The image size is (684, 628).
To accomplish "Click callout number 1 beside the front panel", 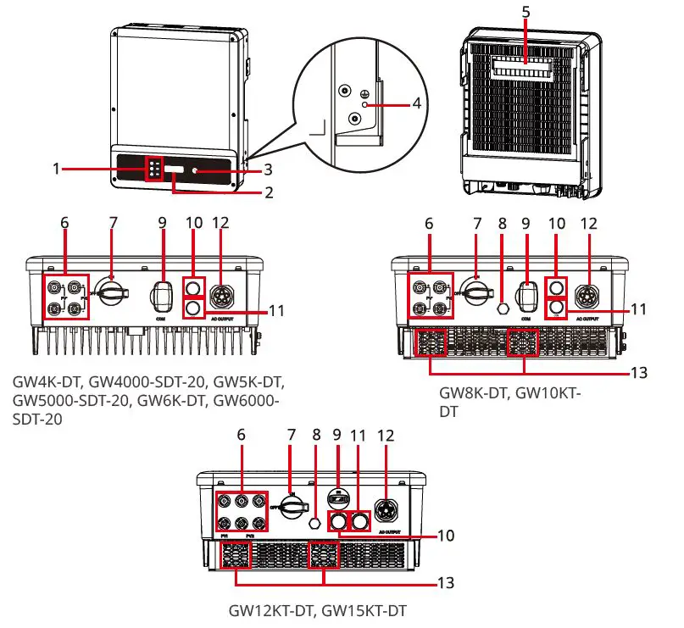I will [x=55, y=169].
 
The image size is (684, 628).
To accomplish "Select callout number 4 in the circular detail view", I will [x=416, y=103].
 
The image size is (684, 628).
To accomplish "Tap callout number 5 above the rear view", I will [x=526, y=13].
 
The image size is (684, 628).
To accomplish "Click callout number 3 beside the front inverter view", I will [x=267, y=170].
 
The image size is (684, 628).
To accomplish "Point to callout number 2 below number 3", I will [x=268, y=193].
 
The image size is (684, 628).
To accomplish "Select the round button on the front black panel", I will [x=196, y=170].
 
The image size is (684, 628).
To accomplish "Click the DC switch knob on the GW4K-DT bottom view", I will [x=109, y=293].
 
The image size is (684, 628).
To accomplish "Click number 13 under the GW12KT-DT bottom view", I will [x=446, y=583].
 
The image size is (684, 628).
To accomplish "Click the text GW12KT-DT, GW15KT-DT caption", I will [x=324, y=609].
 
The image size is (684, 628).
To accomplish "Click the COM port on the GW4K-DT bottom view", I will [x=162, y=296].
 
